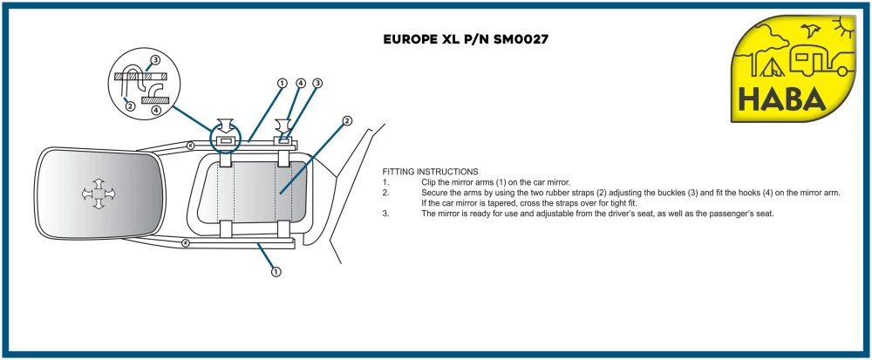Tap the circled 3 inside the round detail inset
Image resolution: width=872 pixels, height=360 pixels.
click(155, 60)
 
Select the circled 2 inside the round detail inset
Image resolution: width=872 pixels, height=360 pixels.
click(130, 106)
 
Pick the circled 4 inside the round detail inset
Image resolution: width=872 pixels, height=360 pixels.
click(155, 110)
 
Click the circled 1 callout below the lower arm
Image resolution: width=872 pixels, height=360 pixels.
click(276, 271)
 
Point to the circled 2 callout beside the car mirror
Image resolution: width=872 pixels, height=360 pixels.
click(347, 121)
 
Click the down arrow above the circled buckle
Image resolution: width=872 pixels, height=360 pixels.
click(223, 125)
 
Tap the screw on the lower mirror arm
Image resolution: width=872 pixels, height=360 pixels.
click(186, 243)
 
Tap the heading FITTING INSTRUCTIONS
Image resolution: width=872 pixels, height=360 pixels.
click(430, 171)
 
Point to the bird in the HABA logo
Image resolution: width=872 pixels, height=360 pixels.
click(816, 31)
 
